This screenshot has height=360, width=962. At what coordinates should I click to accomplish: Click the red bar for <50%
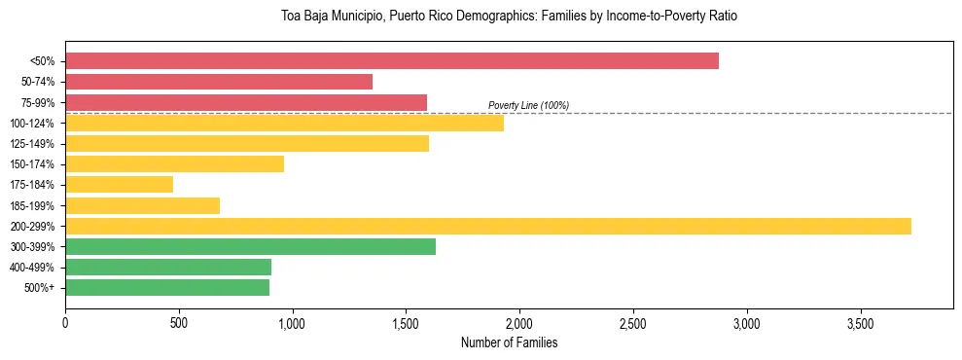[x=392, y=60]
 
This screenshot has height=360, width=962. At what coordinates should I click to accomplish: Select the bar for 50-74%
[x=219, y=82]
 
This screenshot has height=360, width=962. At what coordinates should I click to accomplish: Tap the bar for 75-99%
[x=246, y=102]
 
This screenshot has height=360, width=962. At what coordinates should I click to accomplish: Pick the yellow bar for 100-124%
[x=284, y=123]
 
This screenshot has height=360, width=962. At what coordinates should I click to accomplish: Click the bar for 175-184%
[x=119, y=184]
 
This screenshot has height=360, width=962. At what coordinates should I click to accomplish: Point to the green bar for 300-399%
[x=250, y=246]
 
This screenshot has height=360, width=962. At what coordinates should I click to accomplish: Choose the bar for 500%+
[x=167, y=287]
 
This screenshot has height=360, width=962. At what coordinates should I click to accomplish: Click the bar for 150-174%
[x=174, y=163]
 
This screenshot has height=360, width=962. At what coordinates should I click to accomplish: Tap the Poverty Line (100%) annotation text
[x=528, y=105]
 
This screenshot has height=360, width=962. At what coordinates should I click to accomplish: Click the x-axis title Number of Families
[x=509, y=342]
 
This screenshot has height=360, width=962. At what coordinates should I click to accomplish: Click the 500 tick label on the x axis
[x=178, y=322]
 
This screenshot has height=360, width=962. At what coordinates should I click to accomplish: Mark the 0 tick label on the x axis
[x=65, y=322]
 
